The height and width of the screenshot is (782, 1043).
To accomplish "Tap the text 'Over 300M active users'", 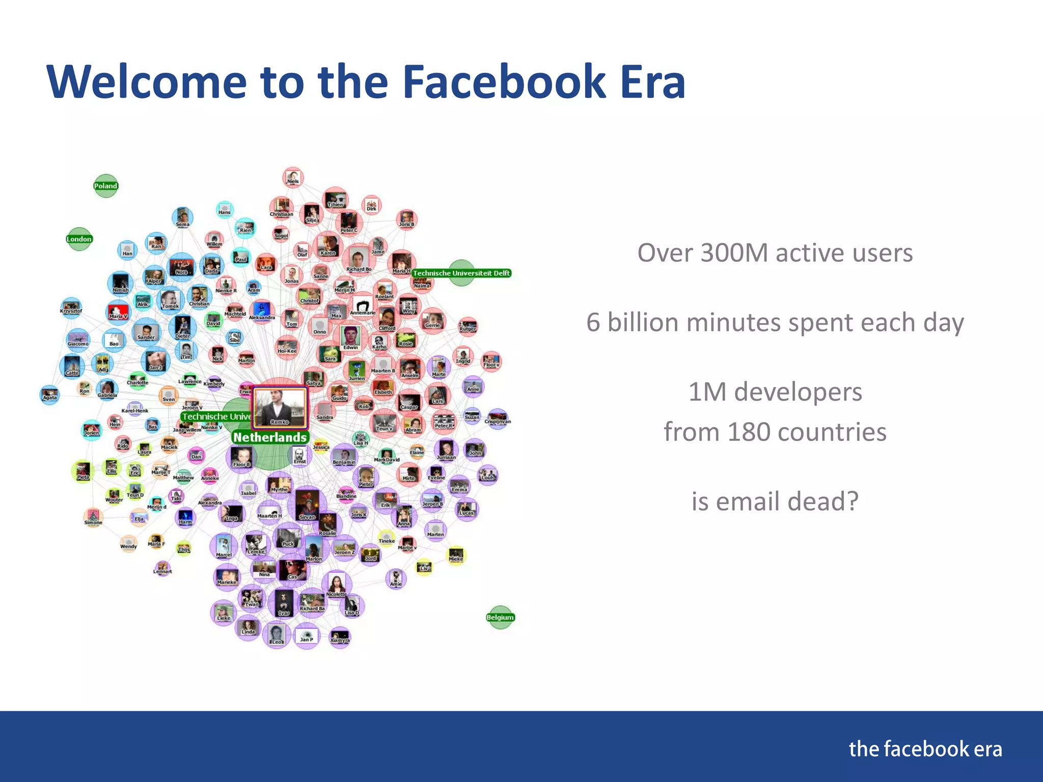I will (775, 253).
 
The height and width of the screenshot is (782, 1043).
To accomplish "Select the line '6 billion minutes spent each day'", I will (775, 323).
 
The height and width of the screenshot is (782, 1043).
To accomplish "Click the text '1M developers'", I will (775, 392).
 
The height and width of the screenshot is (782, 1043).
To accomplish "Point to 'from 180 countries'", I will (775, 432).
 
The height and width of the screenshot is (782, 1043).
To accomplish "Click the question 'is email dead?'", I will (775, 501).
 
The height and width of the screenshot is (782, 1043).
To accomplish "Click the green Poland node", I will (105, 186).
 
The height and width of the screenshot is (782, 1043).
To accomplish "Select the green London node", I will (79, 239).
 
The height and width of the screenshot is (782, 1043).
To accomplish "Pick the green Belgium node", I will (500, 617).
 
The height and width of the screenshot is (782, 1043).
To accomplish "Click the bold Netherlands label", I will (270, 437).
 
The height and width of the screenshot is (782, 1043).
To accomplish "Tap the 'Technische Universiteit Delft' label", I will (461, 273).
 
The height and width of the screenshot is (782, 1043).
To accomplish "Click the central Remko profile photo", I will (280, 406).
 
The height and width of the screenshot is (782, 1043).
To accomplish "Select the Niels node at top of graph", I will (293, 177).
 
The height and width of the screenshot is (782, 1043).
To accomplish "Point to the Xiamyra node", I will (340, 637).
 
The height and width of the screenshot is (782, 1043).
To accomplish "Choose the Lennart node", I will (162, 567).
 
